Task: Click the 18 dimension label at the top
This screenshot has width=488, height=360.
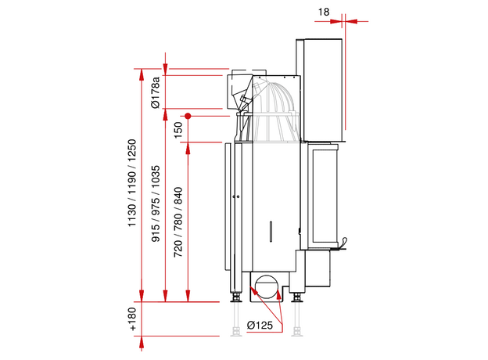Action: (x=325, y=11)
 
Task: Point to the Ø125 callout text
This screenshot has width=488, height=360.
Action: (x=259, y=325)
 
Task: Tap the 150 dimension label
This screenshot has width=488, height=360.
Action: (x=178, y=128)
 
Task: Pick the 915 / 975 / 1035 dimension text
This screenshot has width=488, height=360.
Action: (x=156, y=205)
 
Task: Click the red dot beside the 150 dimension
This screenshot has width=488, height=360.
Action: (x=188, y=115)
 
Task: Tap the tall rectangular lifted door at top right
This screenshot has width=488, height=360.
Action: (x=321, y=86)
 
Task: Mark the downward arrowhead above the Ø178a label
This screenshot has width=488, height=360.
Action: (x=165, y=65)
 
